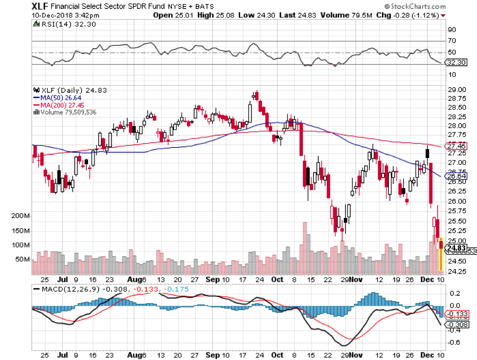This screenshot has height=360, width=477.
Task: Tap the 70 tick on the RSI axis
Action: [x=453, y=41]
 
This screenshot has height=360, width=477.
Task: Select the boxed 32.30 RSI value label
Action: [x=455, y=62]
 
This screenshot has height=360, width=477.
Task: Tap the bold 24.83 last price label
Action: [x=456, y=248]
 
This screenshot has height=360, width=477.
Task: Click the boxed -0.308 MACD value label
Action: [x=456, y=324]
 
